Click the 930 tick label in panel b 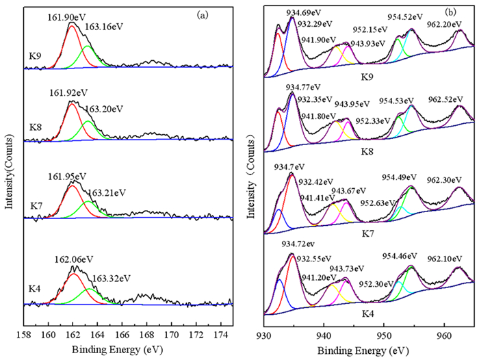pyautogui.click(x=263, y=335)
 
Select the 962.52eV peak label pyautogui.click(x=445, y=99)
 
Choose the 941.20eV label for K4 pyautogui.click(x=318, y=278)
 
